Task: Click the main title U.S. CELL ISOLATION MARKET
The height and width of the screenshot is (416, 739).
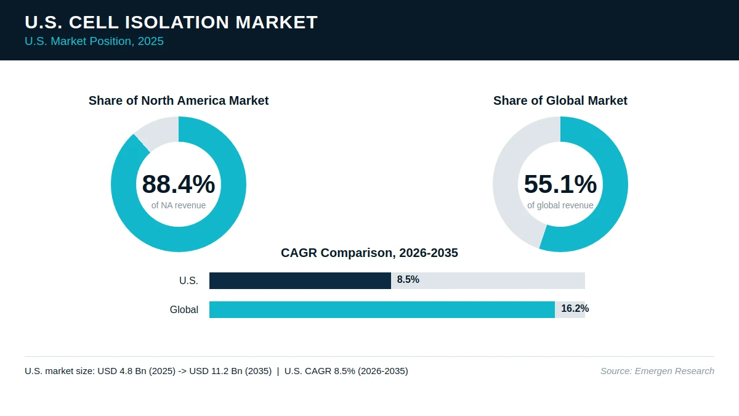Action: (171, 22)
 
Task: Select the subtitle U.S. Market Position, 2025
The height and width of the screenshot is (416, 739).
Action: (94, 41)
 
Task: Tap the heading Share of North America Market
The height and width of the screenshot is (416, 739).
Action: (179, 100)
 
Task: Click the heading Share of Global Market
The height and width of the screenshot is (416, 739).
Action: (560, 100)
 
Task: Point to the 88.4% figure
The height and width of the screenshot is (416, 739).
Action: (179, 184)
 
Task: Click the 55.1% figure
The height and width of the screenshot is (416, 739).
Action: (560, 184)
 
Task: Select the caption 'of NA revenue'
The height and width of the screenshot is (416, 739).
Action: (179, 205)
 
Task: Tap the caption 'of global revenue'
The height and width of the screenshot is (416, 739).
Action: (560, 205)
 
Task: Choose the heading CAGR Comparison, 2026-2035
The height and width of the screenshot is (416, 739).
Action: (369, 253)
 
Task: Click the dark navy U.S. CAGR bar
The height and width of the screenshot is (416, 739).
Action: (301, 280)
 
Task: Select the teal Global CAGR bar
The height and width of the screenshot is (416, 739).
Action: (382, 309)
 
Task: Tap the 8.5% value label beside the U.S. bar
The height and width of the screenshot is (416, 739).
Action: (408, 280)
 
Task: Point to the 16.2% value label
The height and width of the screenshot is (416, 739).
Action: (575, 309)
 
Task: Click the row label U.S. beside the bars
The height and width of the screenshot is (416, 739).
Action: (188, 280)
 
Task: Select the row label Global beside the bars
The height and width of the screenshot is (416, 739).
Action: (184, 309)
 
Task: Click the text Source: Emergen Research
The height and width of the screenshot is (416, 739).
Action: (657, 371)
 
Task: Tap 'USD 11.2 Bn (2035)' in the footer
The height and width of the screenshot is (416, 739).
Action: (230, 371)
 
